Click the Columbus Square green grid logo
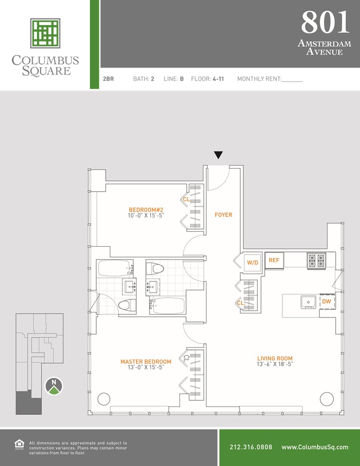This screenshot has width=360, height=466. pyautogui.click(x=45, y=33)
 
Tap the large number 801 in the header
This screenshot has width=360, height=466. pyautogui.click(x=325, y=22)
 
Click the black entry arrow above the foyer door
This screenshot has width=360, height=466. pyautogui.click(x=218, y=155)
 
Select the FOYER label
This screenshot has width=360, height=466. pyautogui.click(x=223, y=215)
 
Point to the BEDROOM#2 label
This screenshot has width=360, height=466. pyautogui.click(x=146, y=209)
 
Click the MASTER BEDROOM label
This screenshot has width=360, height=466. pyautogui.click(x=146, y=362)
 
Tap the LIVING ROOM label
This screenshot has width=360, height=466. pyautogui.click(x=275, y=358)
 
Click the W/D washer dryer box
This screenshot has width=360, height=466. pyautogui.click(x=253, y=262)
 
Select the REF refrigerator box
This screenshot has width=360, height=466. pyautogui.click(x=274, y=260)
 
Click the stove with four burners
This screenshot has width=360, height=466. pyautogui.click(x=316, y=261)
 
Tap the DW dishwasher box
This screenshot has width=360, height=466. pyautogui.click(x=327, y=301)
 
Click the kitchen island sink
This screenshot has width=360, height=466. pyautogui.click(x=308, y=302)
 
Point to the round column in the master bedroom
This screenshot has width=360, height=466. pyautogui.click(x=104, y=399)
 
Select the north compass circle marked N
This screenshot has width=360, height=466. pyautogui.click(x=54, y=386)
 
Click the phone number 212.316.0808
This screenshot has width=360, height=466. pyautogui.click(x=251, y=447)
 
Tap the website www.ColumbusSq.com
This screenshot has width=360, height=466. pyautogui.click(x=315, y=447)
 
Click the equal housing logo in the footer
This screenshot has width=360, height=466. pyautogui.click(x=19, y=444)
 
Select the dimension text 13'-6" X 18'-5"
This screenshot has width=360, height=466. pyautogui.click(x=275, y=364)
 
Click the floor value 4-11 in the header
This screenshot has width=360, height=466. pyautogui.click(x=218, y=79)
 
